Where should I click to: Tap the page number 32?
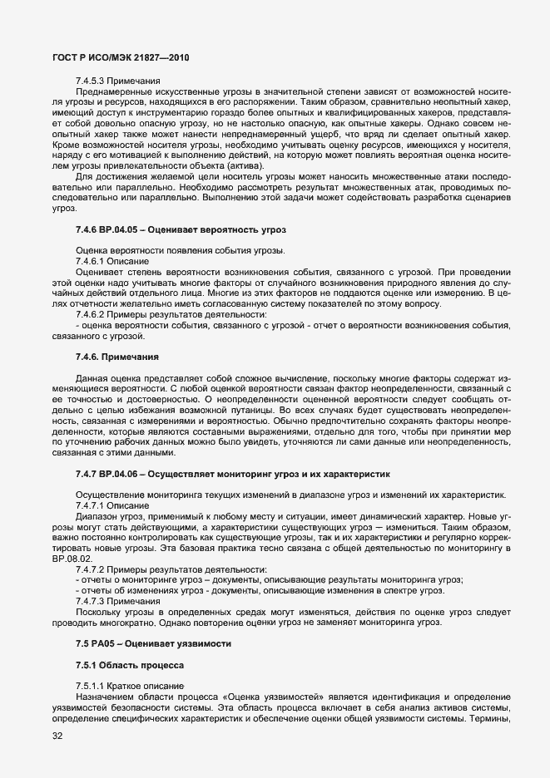pyautogui.click(x=57, y=737)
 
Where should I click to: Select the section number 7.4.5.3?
pyautogui.click(x=90, y=80)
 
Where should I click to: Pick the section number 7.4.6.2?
pyautogui.click(x=90, y=314)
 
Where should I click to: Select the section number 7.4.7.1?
pyautogui.click(x=90, y=505)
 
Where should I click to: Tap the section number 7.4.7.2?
pyautogui.click(x=90, y=569)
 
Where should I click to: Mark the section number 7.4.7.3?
pyautogui.click(x=90, y=602)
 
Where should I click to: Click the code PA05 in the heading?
pyautogui.click(x=106, y=644)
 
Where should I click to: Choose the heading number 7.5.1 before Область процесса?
pyautogui.click(x=87, y=666)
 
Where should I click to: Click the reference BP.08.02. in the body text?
pyautogui.click(x=68, y=559)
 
